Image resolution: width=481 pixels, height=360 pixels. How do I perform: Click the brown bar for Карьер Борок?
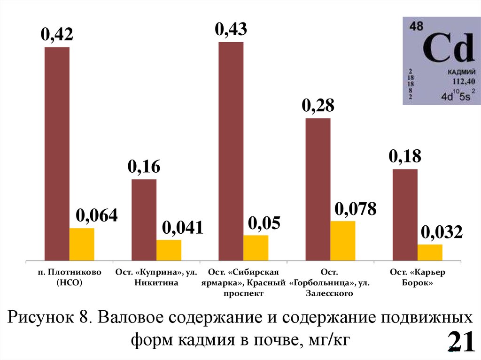click(404, 214)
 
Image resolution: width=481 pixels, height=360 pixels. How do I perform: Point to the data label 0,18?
click(404, 157)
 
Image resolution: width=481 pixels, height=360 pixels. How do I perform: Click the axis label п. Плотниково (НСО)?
click(69, 277)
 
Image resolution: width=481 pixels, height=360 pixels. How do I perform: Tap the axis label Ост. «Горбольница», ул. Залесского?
click(329, 283)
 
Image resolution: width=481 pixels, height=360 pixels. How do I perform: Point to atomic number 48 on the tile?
click(416, 27)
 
